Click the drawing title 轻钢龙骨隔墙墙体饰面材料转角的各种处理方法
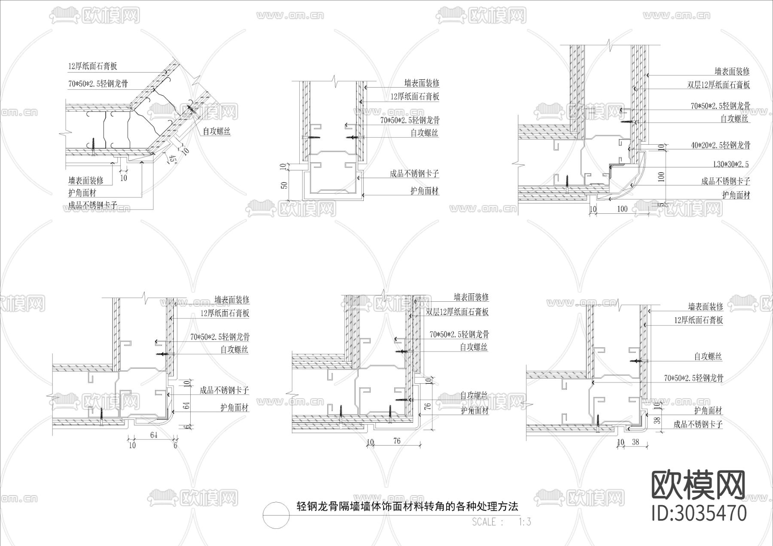[x=408, y=507]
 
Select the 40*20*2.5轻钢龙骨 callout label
[x=720, y=146]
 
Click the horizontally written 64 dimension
[x=154, y=435]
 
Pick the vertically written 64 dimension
[x=186, y=406]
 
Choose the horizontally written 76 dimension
[x=396, y=441]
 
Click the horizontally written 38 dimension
[x=636, y=441]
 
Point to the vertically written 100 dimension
[x=661, y=176]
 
